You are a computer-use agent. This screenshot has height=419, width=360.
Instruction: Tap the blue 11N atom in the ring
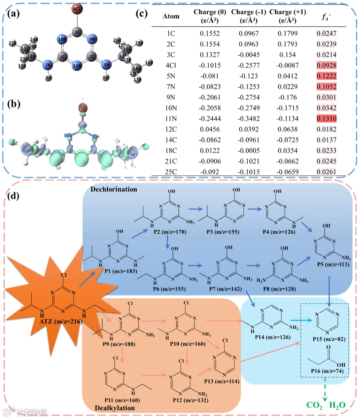[x=77, y=65]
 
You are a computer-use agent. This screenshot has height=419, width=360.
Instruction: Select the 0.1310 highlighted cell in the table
[x=326, y=118]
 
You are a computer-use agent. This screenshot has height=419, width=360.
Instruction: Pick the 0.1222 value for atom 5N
[x=326, y=76]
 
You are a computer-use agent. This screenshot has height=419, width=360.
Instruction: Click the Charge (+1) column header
[x=287, y=16]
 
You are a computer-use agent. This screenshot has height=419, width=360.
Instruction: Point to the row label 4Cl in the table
[x=171, y=65]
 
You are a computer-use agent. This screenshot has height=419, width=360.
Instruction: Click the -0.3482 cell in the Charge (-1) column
[x=249, y=118]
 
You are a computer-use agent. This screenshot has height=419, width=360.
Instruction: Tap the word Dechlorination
[x=114, y=189]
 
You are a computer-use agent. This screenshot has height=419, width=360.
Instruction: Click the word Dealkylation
[x=114, y=408]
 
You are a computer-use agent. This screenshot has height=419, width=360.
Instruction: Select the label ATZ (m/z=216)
[x=61, y=322]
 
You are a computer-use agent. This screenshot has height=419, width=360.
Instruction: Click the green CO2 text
[x=314, y=405]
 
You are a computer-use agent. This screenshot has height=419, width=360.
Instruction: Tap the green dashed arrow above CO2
[x=325, y=389]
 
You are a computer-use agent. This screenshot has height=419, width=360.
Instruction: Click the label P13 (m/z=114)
[x=222, y=381]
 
